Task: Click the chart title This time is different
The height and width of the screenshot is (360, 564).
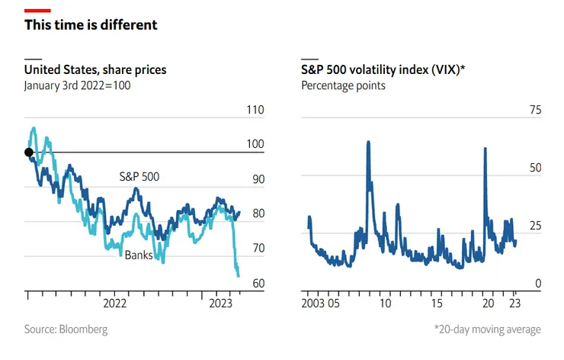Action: [x=91, y=25]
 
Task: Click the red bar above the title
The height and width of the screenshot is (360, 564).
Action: [x=37, y=10]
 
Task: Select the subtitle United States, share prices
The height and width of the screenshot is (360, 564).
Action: [x=95, y=70]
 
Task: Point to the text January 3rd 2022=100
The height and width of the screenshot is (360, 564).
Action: [x=78, y=85]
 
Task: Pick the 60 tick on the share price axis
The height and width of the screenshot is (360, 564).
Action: [x=258, y=283]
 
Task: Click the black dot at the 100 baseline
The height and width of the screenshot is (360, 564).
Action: [x=29, y=153]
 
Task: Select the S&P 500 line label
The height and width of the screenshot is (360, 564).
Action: [x=144, y=177]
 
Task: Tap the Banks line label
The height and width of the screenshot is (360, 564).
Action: [x=139, y=254]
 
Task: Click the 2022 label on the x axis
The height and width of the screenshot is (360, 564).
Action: [x=114, y=303]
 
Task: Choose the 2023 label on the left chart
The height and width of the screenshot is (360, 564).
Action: [x=221, y=303]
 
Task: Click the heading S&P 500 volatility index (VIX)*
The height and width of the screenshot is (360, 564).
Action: [x=383, y=70]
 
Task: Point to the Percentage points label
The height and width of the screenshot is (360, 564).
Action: [x=343, y=85]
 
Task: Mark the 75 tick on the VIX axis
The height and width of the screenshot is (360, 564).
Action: [x=535, y=110]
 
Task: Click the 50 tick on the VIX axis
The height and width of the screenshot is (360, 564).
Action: [x=535, y=168]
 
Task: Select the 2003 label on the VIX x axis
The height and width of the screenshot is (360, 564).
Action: [x=314, y=303]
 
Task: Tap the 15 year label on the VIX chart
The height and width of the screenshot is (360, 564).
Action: [x=437, y=303]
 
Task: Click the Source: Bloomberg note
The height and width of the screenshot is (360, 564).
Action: [x=66, y=329]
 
